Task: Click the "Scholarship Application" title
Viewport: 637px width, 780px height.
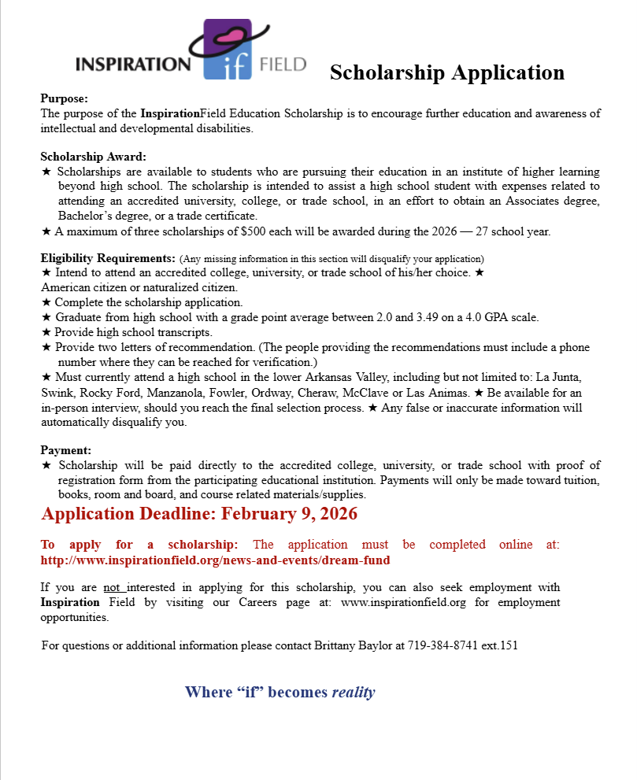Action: (446, 72)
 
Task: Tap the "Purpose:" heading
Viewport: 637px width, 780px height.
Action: (65, 99)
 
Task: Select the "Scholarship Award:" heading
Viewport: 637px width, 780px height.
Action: (94, 157)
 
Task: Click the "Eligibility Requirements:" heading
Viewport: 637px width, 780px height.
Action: (108, 258)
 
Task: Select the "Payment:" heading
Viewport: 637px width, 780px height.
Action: (66, 450)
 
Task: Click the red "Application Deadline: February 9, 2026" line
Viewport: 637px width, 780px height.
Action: (199, 514)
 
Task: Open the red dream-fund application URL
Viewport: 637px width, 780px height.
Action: (215, 560)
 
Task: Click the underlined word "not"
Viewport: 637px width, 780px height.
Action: (113, 588)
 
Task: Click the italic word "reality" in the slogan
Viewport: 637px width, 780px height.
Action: (354, 693)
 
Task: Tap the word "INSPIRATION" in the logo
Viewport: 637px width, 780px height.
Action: (133, 64)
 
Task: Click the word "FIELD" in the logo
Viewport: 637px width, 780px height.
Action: (283, 64)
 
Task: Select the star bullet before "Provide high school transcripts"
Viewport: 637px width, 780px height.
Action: (46, 333)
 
